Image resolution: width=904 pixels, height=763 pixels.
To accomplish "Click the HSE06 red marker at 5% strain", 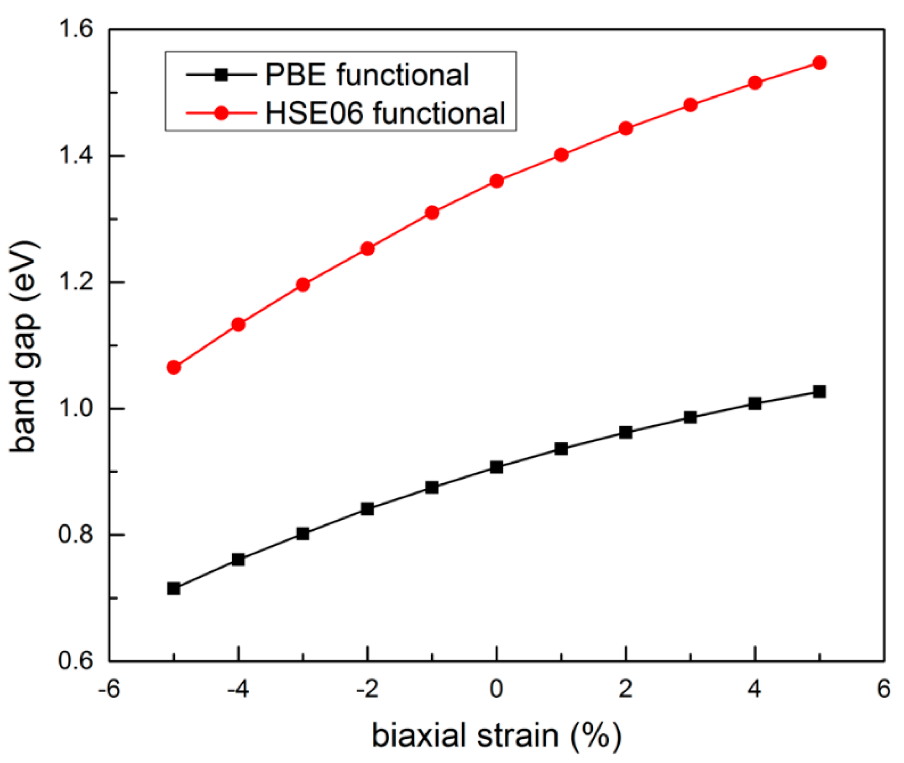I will pos(819,63).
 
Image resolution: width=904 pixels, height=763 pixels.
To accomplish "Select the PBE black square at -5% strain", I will pos(174,588).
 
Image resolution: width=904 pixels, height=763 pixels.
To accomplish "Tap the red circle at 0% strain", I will pos(497,181).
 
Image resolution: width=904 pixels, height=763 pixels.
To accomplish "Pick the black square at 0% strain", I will pos(497,467).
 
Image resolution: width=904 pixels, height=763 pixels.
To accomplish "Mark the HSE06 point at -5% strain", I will pos(174,367).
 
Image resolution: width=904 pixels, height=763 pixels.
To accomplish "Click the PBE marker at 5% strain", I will pos(819,392).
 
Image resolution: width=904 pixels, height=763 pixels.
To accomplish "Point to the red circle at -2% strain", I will pos(367,248).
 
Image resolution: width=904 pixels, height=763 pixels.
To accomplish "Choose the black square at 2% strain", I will pos(626,432).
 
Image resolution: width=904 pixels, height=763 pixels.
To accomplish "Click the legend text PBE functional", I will pos(366,75).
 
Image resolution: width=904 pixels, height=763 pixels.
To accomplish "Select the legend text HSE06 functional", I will pos(384,113).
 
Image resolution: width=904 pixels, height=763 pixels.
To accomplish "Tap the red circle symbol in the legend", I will pos(222,113).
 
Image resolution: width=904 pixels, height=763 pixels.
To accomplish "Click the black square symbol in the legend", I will pos(222,75).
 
